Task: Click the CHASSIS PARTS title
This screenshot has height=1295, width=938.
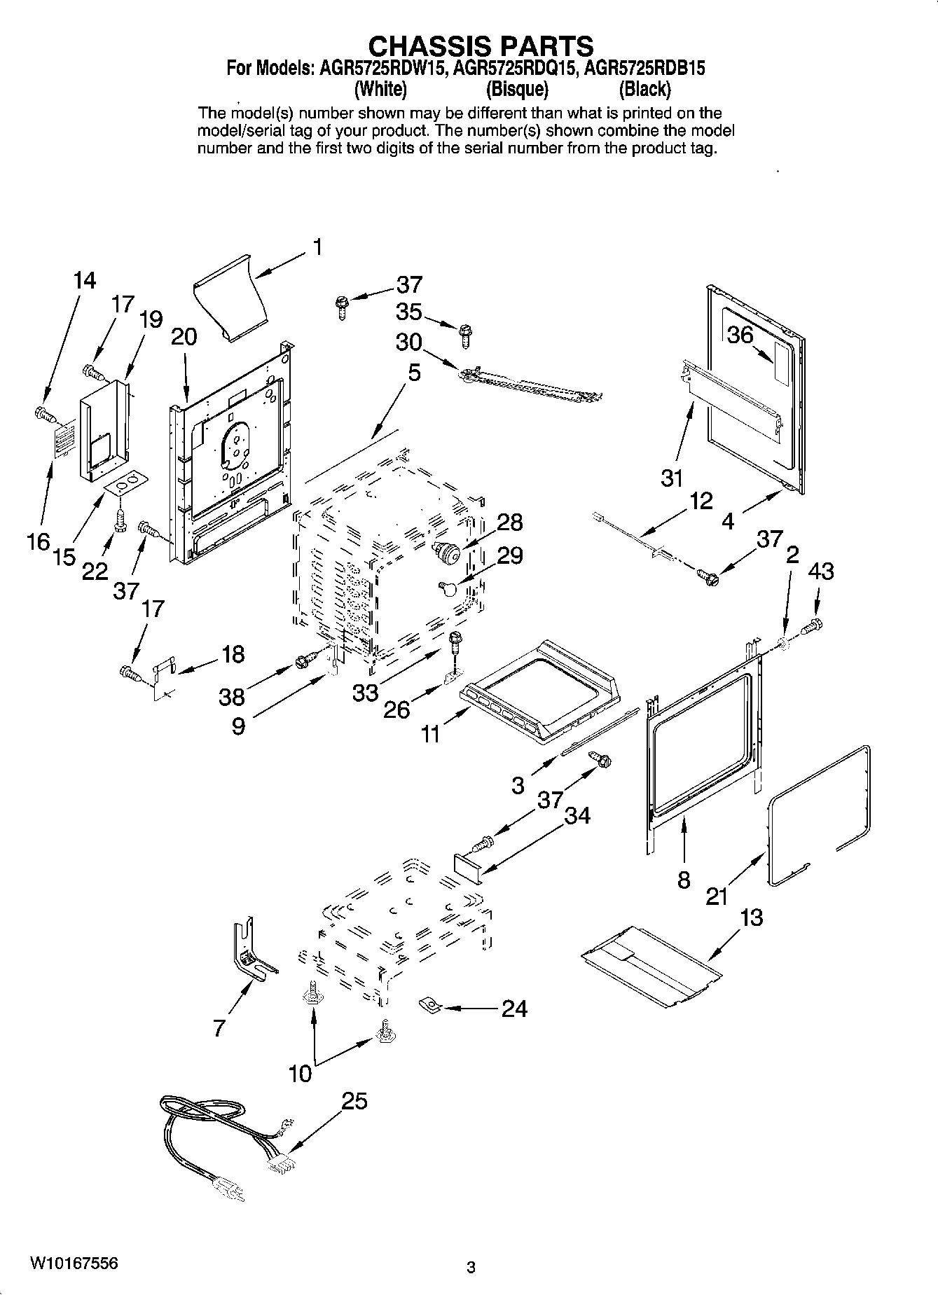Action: (x=481, y=46)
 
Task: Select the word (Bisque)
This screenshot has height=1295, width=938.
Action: (x=517, y=90)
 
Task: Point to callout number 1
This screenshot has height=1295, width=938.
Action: (x=317, y=247)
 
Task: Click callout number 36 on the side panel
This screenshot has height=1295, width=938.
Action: (x=740, y=335)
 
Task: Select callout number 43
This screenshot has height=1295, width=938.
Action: (x=820, y=572)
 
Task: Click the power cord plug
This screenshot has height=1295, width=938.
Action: (x=228, y=1190)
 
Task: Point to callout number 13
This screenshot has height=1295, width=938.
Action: (x=751, y=917)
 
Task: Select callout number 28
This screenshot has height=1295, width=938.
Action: (x=509, y=522)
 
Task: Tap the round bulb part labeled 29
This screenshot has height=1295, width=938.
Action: (x=448, y=587)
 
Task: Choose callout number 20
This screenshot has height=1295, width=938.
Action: (x=184, y=337)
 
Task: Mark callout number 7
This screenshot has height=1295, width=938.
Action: (x=219, y=1027)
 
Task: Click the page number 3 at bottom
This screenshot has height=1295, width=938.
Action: (x=471, y=1268)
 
